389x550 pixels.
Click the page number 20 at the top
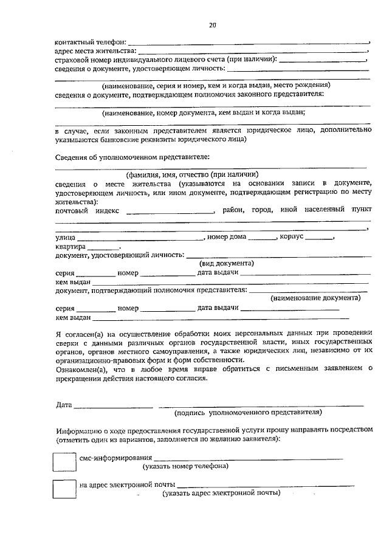click(x=212, y=25)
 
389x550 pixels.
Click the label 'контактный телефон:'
click(x=91, y=42)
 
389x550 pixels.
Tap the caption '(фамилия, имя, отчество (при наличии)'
click(x=192, y=174)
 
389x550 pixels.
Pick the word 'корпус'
click(x=291, y=236)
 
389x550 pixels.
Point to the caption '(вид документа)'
click(x=227, y=264)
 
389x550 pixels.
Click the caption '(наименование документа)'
click(x=315, y=298)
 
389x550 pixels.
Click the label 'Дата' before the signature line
click(x=64, y=404)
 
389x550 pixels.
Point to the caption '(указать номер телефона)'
click(x=185, y=467)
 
